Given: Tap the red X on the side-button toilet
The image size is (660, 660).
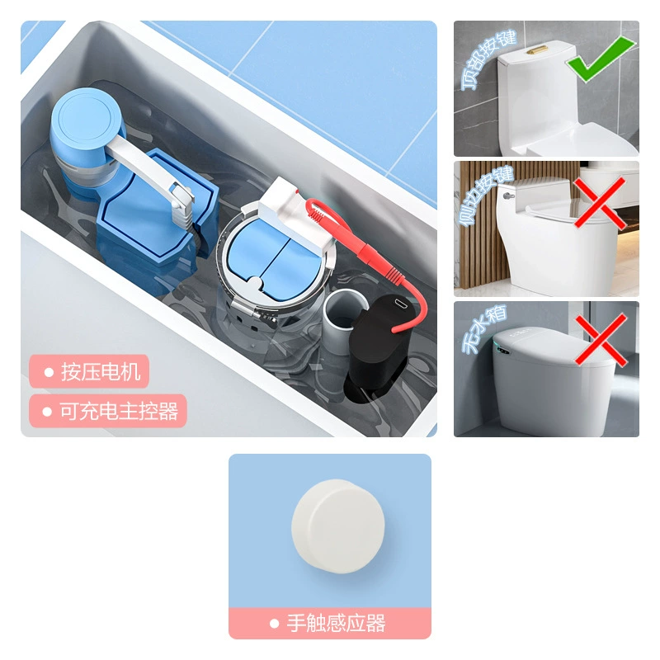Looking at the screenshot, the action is [x=601, y=203].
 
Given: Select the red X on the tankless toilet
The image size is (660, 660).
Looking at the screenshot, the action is [x=601, y=339].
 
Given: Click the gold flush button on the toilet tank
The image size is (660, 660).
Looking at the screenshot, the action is [x=538, y=49].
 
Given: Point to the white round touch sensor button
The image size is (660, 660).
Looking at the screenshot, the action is [x=338, y=526].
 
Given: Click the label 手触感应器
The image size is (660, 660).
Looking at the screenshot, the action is [x=336, y=623].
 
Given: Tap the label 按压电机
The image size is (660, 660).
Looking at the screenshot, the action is [x=101, y=372].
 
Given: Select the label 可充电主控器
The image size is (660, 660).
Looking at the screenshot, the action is [x=119, y=411].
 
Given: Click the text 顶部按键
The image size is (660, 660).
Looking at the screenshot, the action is [x=488, y=59].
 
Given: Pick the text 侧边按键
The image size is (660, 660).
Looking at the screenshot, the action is [x=485, y=196].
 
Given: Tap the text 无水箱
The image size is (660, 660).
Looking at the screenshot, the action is [x=484, y=329].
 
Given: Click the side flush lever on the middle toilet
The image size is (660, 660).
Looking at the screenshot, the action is [x=508, y=196].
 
